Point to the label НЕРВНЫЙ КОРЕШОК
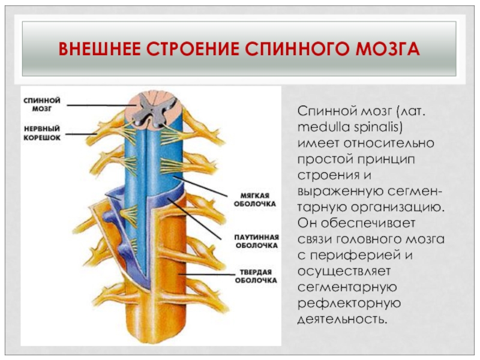point(42,133)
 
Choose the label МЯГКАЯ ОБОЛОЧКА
point(255,199)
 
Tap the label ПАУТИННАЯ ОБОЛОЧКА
point(256,240)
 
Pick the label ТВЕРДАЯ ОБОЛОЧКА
point(256,275)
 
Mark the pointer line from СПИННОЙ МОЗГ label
point(96,106)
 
